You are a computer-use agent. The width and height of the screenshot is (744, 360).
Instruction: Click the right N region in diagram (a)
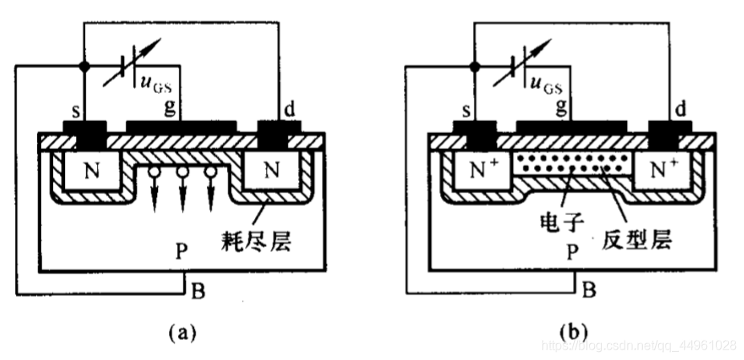(273, 171)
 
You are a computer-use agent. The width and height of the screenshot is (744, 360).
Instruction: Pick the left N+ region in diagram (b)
(483, 171)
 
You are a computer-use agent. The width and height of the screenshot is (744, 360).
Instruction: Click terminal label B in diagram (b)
(588, 289)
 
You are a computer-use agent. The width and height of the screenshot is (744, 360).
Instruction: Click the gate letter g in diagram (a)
(171, 107)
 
